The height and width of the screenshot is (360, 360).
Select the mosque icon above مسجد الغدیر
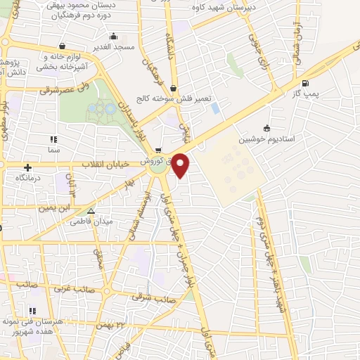113,36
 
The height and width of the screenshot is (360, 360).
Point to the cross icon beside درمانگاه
27,167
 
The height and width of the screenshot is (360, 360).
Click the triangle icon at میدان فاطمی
90,210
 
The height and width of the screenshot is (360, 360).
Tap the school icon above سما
54,139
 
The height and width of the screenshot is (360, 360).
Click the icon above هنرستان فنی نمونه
31,310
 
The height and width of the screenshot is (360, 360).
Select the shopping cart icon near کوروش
159,149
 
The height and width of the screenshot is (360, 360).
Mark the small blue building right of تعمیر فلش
215,109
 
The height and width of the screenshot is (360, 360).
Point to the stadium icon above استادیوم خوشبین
266,128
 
